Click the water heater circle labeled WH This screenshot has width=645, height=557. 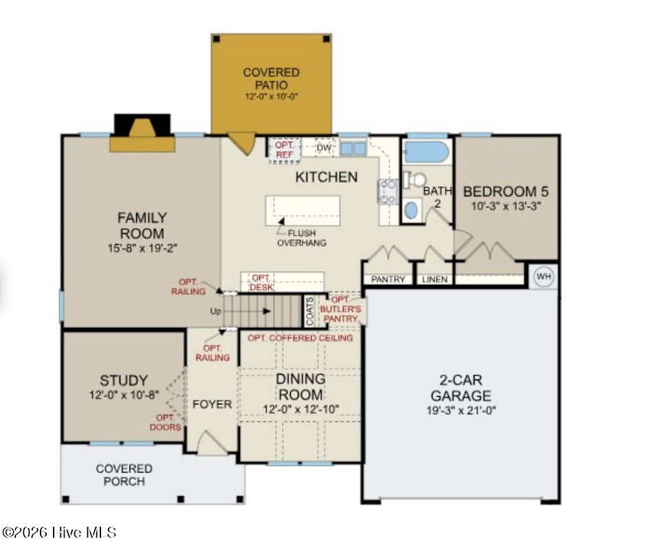tap(544, 276)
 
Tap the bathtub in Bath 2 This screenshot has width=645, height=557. tap(426, 152)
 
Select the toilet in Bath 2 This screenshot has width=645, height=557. tap(415, 179)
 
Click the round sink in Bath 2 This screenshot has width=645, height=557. tap(411, 210)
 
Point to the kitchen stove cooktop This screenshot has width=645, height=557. tap(388, 191)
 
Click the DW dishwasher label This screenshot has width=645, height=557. tap(324, 148)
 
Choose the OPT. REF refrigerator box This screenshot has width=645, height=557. tap(284, 150)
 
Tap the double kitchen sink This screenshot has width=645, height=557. tap(353, 148)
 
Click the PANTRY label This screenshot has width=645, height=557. tap(388, 279)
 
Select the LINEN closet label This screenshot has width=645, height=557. tap(435, 279)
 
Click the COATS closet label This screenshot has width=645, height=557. tap(309, 311)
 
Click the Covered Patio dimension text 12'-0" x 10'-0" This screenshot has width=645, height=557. tap(272, 96)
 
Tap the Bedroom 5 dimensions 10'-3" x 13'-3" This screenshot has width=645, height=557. tap(505, 206)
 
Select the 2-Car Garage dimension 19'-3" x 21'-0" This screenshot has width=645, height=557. tap(461, 410)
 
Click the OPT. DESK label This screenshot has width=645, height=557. tap(261, 283)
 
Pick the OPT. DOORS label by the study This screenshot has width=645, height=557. tap(165, 422)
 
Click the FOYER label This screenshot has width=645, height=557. tap(212, 404)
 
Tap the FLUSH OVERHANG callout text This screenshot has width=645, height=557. tap(301, 238)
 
